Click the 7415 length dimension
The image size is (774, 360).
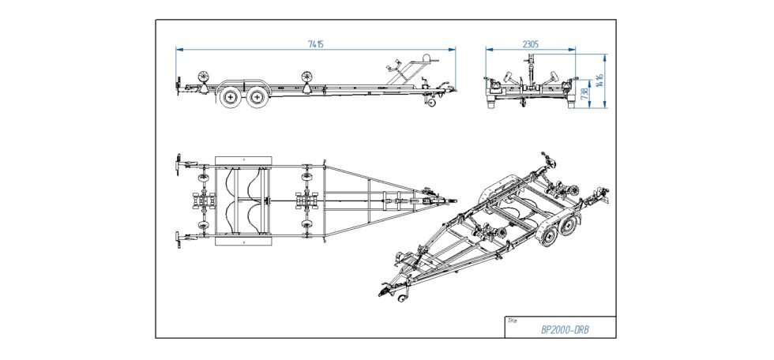click(315, 44)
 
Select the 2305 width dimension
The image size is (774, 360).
click(531, 44)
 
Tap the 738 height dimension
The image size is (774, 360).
click(585, 95)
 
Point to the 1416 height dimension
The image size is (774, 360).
click(600, 81)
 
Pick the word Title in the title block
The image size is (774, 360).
click(513, 321)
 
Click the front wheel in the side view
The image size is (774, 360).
click(256, 97)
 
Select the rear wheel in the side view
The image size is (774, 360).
click(231, 97)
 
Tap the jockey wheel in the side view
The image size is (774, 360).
click(432, 102)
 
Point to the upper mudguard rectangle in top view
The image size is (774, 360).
click(242, 160)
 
